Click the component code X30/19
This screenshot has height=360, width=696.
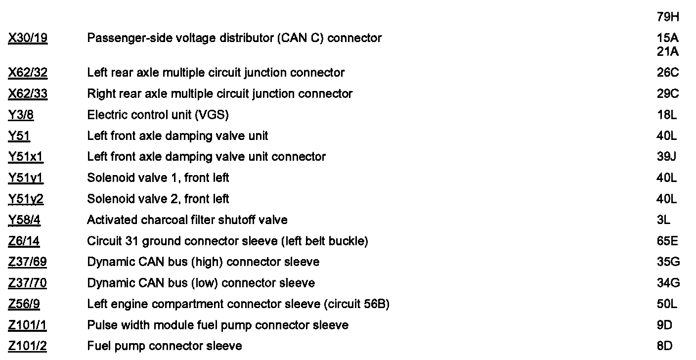click(x=28, y=38)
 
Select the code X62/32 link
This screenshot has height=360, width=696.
click(x=28, y=73)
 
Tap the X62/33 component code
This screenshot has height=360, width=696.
click(x=28, y=94)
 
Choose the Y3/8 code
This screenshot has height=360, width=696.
click(x=21, y=115)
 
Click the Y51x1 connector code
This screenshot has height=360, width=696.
click(x=26, y=157)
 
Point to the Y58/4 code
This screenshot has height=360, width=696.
click(x=24, y=220)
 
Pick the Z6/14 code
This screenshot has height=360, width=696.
click(x=24, y=241)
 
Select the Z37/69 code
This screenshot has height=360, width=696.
click(x=28, y=262)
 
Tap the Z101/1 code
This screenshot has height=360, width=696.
click(x=27, y=325)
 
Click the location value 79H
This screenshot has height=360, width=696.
click(x=668, y=17)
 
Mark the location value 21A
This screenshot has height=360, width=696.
click(x=668, y=51)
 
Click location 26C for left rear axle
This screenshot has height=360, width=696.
click(x=668, y=73)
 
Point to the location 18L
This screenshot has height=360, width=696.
click(x=667, y=115)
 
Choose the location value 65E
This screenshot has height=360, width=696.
click(x=668, y=241)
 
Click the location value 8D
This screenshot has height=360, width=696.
click(x=665, y=346)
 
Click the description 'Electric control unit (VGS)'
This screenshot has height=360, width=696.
click(x=158, y=115)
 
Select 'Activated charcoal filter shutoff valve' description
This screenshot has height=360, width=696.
click(x=187, y=220)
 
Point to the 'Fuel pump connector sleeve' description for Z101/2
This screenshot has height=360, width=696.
click(x=165, y=346)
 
